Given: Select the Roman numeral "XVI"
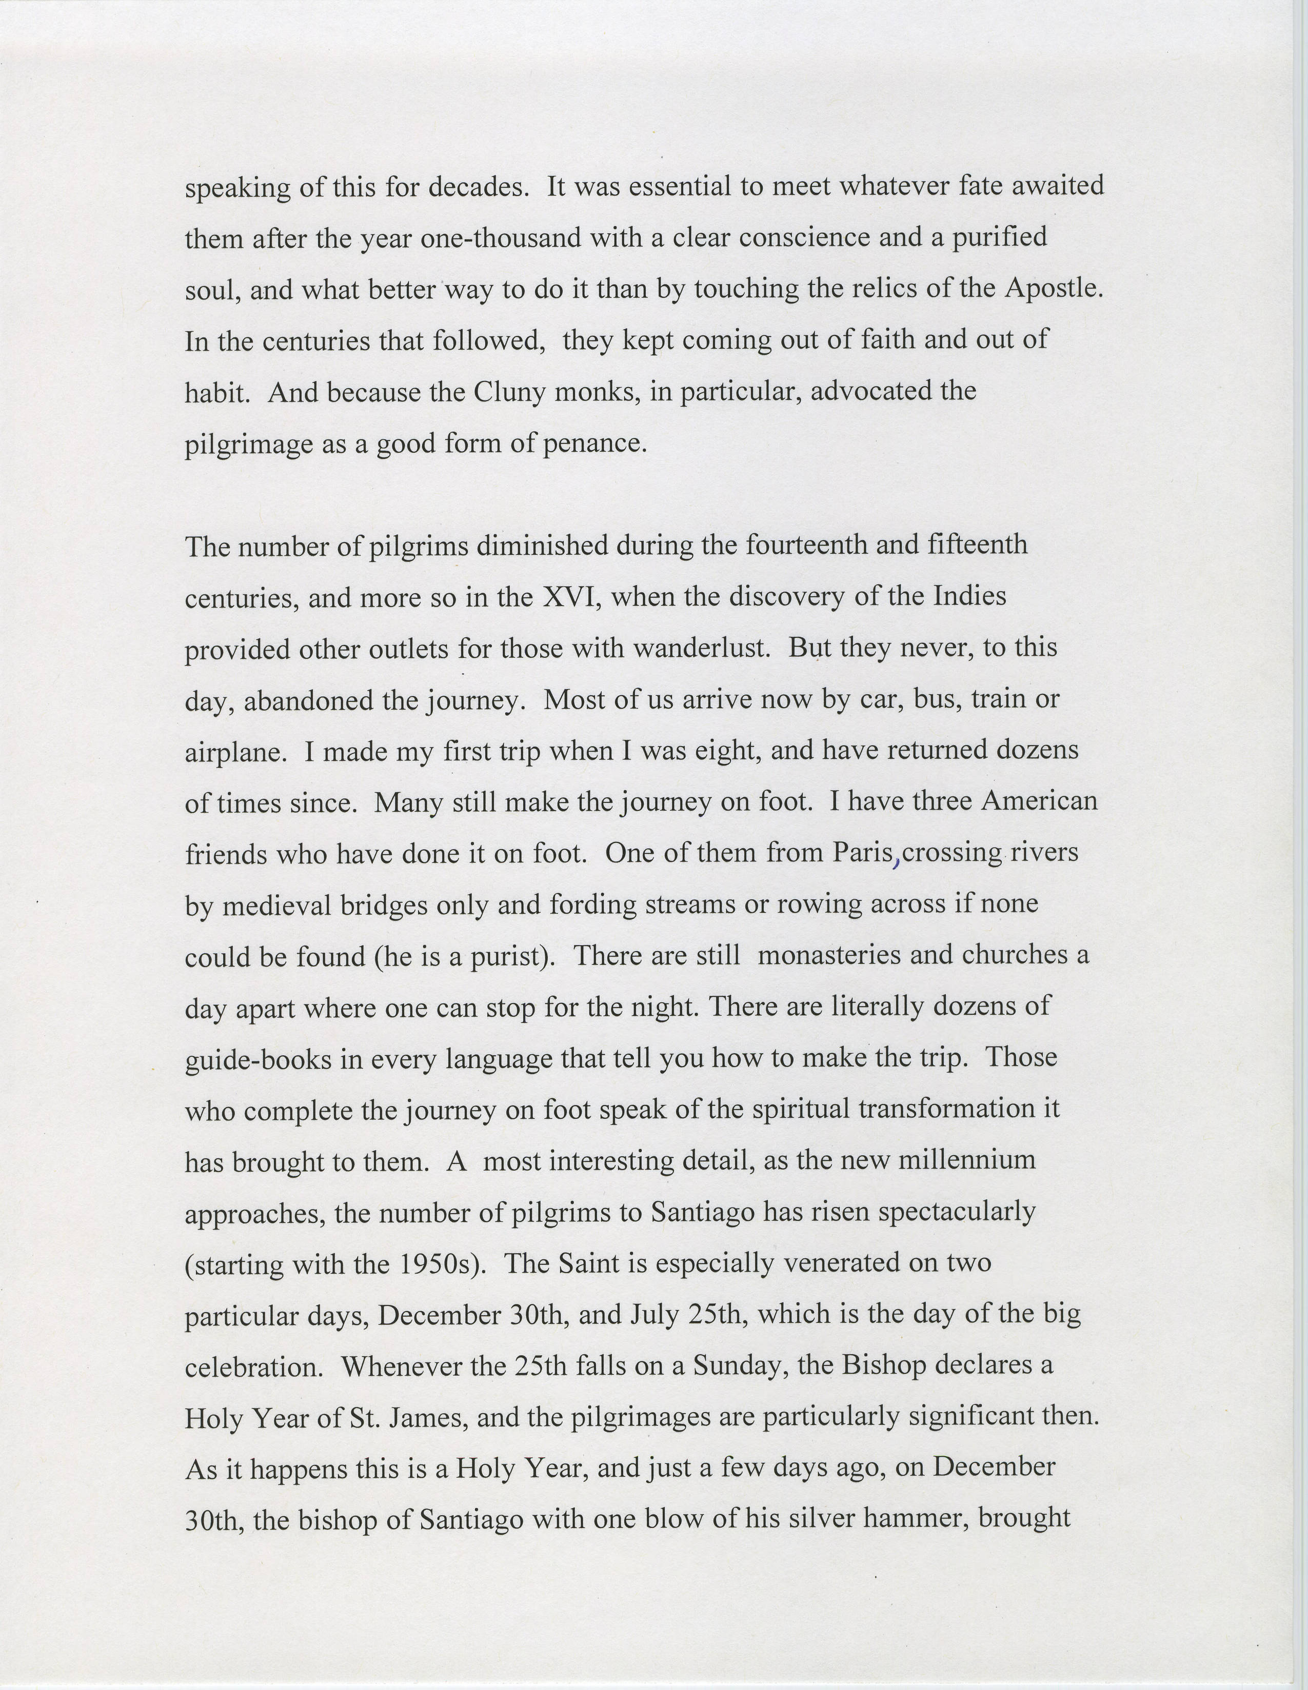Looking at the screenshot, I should point(570,597).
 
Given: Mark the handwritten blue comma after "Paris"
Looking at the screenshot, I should point(896,860).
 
